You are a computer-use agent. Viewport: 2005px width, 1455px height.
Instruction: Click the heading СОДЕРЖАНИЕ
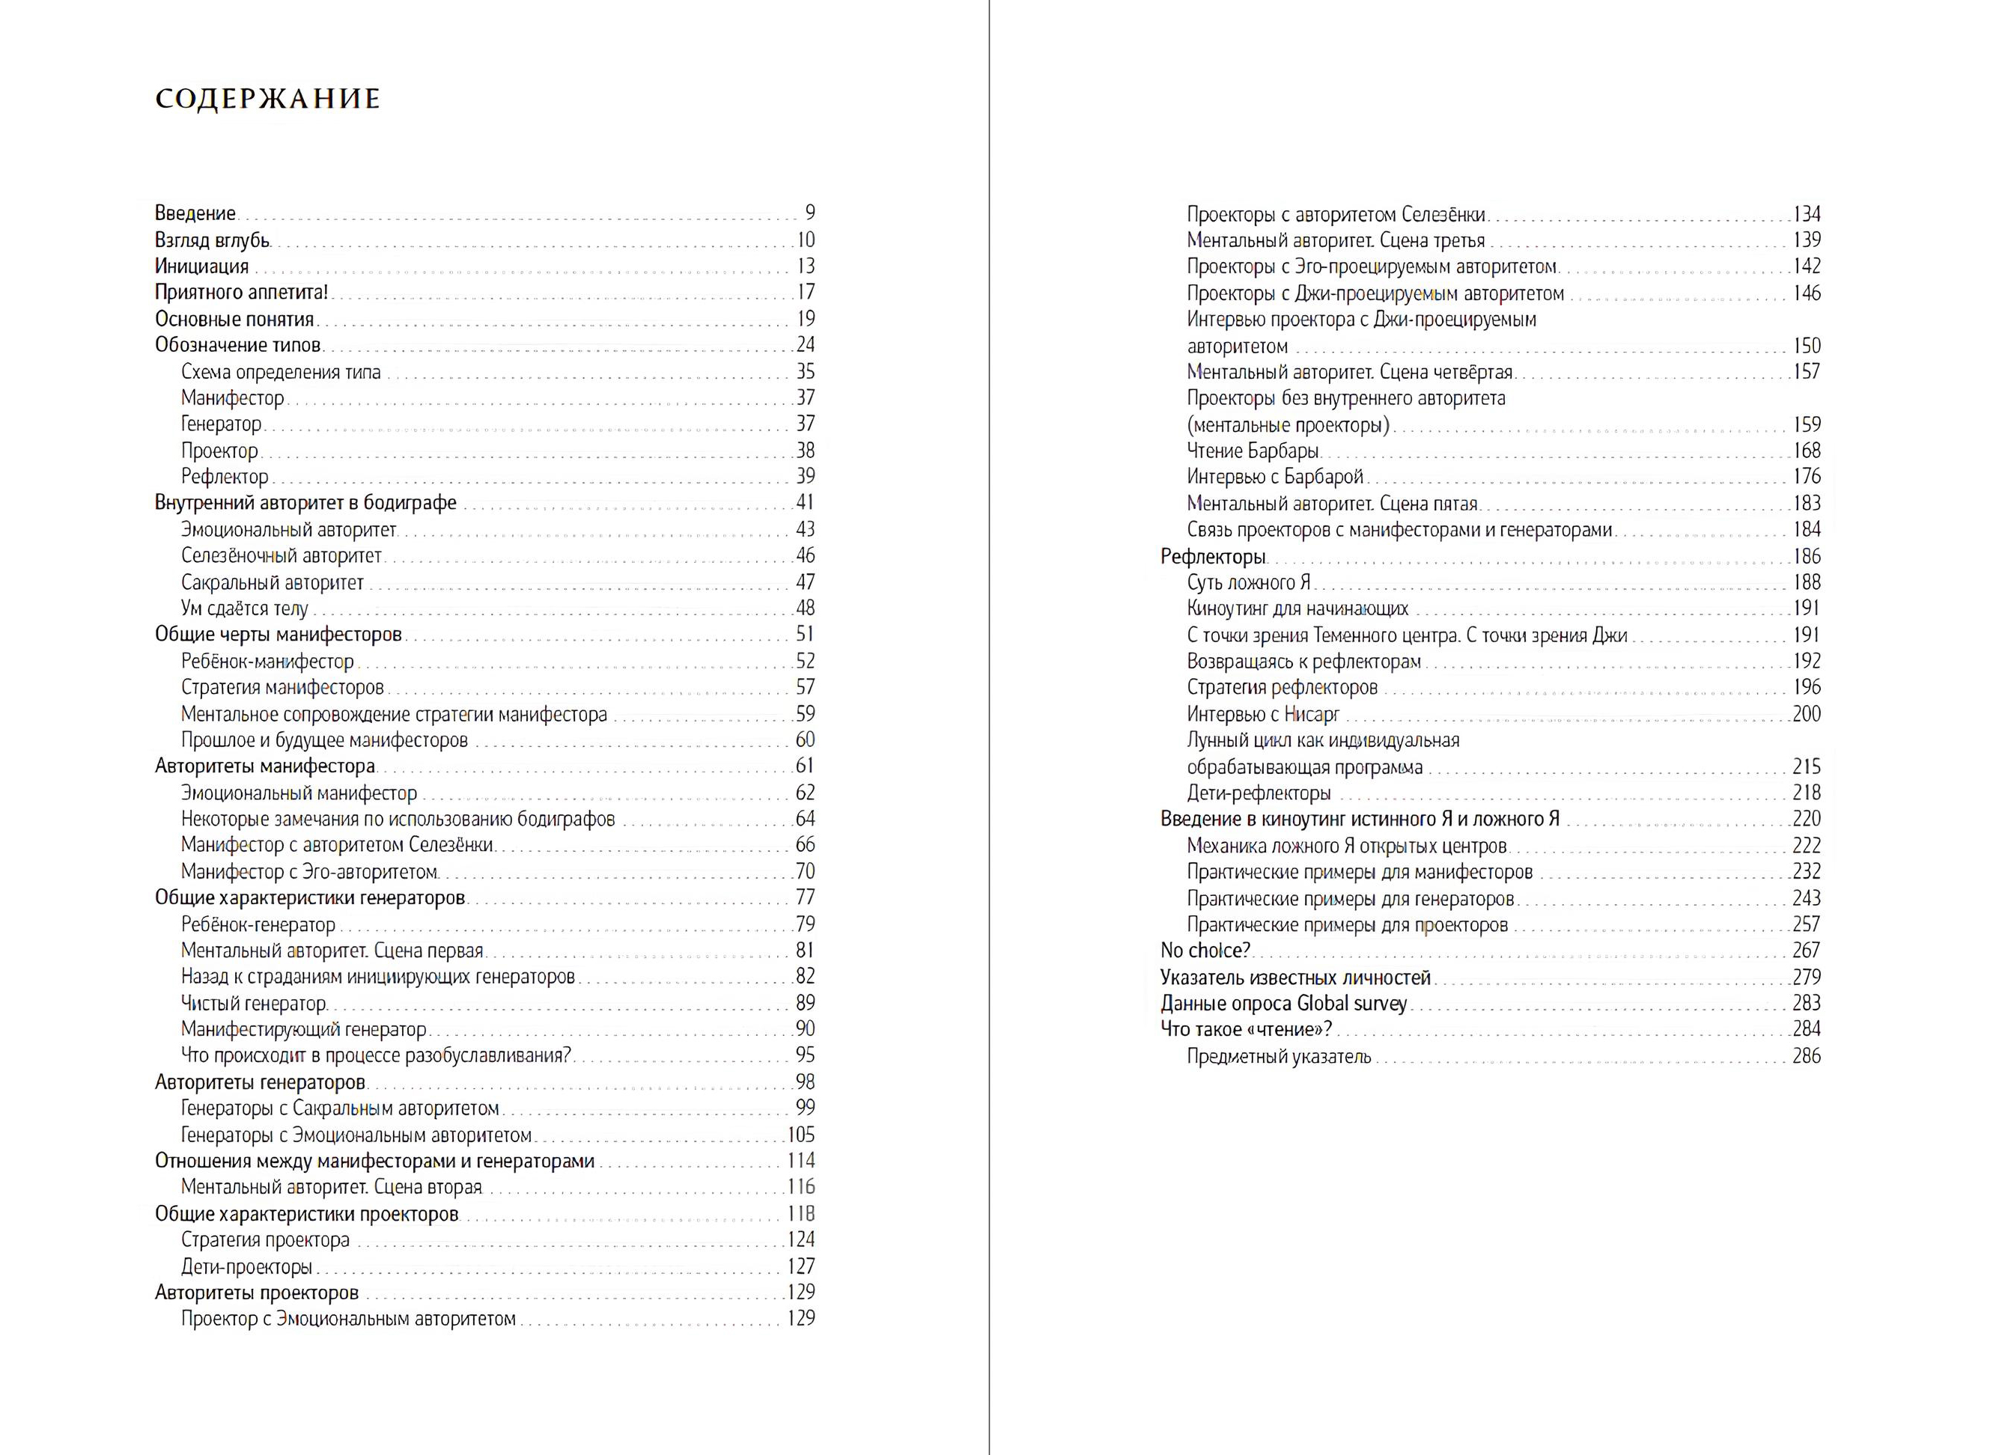coord(268,98)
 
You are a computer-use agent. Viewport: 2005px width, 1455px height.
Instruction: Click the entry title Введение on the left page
coord(195,213)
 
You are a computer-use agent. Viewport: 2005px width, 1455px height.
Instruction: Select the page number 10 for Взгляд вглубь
coord(805,240)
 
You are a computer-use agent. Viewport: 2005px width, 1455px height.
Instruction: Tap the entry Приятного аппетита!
coord(241,292)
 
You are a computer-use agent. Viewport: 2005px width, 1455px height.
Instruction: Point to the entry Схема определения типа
coord(281,371)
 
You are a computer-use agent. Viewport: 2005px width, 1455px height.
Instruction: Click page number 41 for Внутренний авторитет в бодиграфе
coord(805,502)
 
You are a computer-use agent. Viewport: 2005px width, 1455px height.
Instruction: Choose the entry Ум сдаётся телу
coord(245,608)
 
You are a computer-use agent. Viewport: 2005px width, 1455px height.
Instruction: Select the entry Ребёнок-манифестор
coord(267,661)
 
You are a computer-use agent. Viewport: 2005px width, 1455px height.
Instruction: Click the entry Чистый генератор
coord(254,1003)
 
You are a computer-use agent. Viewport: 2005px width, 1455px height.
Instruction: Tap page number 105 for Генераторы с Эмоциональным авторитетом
coord(801,1134)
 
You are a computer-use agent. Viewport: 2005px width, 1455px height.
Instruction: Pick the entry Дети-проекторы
coord(246,1266)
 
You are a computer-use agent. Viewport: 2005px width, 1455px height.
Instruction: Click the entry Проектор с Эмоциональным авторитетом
coord(348,1319)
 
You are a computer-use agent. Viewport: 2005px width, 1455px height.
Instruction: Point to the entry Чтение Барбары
coord(1253,451)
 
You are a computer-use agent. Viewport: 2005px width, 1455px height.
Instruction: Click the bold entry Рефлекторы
coord(1213,557)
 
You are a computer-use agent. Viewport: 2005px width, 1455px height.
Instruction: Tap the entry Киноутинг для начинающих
coord(1297,608)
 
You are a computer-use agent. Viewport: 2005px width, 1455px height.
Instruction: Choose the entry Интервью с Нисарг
coord(1262,713)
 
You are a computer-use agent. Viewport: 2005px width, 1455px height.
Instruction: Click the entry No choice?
coord(1205,951)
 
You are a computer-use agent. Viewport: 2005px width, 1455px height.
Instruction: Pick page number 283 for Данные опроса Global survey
coord(1806,1002)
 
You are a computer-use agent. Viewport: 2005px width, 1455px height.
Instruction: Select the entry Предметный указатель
coord(1278,1055)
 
